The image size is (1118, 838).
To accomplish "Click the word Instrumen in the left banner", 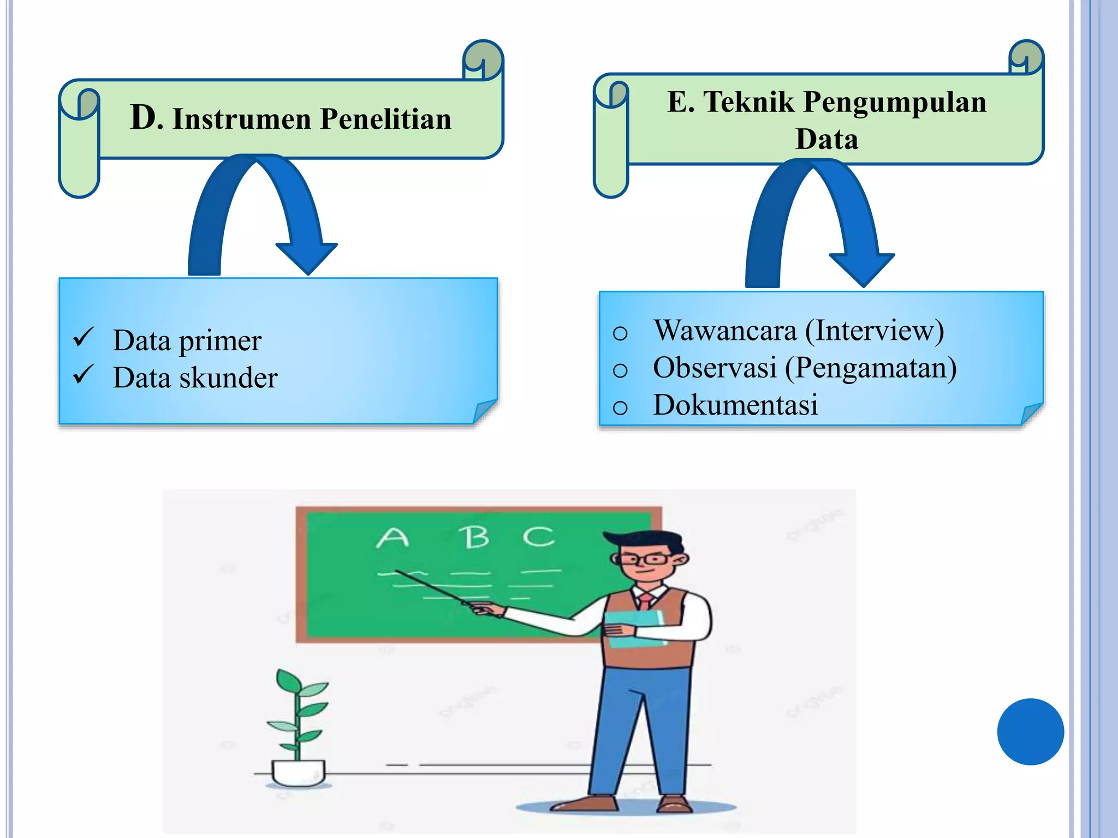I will pos(242,119).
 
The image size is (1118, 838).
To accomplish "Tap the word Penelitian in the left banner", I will pos(385,119).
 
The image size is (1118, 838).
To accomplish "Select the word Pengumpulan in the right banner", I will pos(895,102).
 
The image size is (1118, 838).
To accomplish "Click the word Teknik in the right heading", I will pos(748,102).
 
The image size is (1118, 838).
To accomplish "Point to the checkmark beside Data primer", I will pos(84,337).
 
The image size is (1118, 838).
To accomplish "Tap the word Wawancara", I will pos(725,331).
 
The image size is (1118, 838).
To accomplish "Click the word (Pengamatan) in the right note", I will pos(870,368).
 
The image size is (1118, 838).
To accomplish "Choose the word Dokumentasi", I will pos(735,405).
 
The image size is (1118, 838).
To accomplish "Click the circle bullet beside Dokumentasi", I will pos(620,408).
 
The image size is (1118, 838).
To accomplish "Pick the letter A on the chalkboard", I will pos(392,538).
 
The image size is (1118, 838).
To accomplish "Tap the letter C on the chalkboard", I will pos(538,536).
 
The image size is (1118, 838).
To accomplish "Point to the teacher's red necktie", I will pos(646,601).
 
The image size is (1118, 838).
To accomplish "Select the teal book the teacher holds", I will pos(635,627).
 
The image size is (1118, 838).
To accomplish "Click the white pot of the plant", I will pos(298,772).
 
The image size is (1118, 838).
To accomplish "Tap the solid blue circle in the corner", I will pos(1030,732).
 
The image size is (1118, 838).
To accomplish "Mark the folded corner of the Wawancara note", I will pos(1032,413).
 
